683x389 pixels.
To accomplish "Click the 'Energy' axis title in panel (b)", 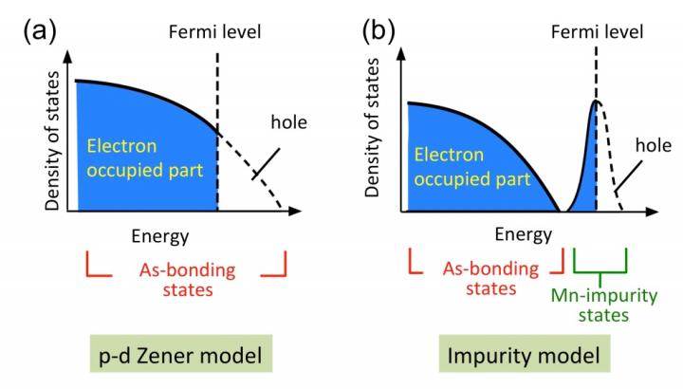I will pyautogui.click(x=524, y=232).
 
